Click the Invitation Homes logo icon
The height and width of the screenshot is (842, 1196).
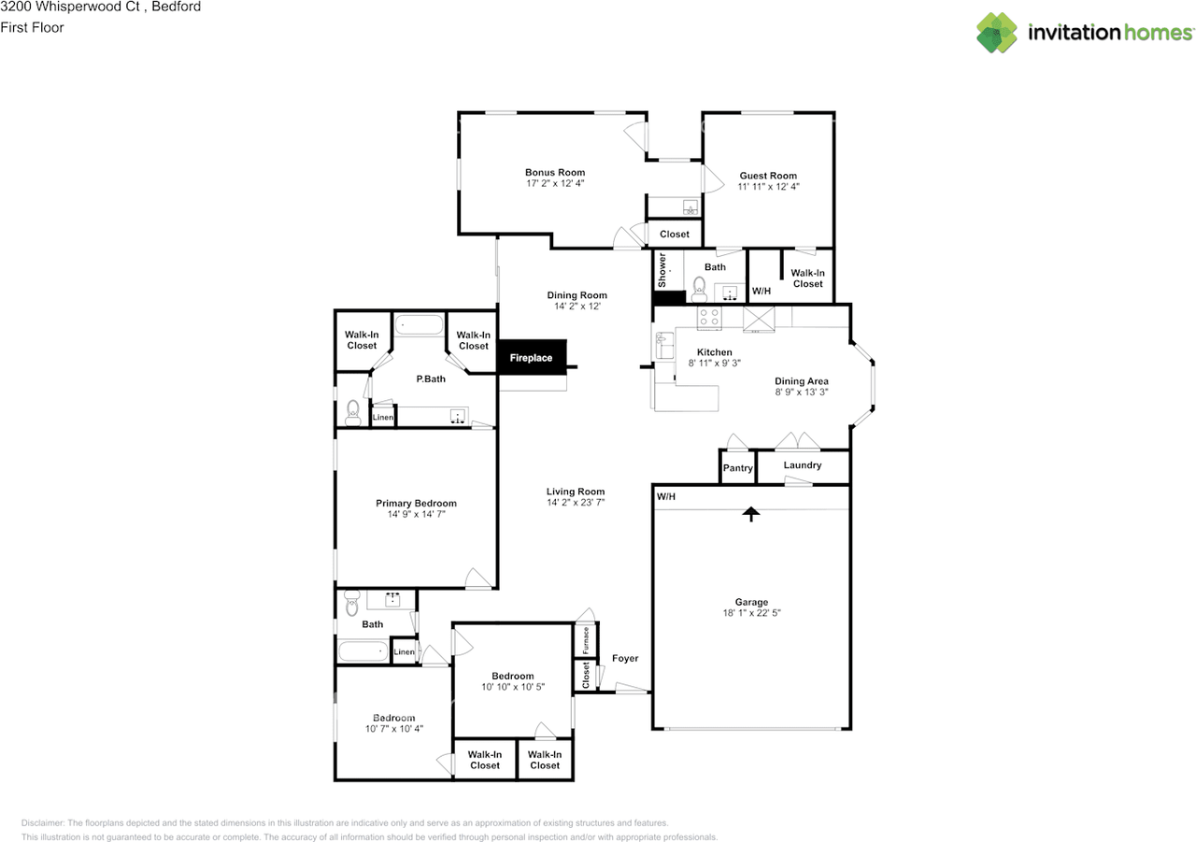(997, 33)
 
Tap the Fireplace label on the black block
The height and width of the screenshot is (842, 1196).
(531, 358)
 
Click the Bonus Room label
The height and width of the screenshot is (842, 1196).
(555, 172)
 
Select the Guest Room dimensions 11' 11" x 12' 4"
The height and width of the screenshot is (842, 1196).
(768, 187)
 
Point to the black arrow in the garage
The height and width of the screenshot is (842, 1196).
(750, 514)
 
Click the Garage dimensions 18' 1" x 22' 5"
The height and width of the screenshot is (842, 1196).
(751, 614)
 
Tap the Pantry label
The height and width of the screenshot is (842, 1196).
(737, 468)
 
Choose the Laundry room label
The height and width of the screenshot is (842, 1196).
(803, 465)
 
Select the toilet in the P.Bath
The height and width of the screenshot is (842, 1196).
(352, 411)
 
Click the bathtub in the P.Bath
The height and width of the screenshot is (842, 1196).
(420, 325)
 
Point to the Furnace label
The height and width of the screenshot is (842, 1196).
(585, 640)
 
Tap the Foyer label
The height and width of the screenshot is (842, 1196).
(625, 659)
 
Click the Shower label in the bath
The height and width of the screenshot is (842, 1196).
(662, 269)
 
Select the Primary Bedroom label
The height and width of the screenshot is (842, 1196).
(416, 504)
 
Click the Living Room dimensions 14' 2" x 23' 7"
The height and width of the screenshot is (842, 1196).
(576, 503)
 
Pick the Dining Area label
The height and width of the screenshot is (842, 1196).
(802, 381)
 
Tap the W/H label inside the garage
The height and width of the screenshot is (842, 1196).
(665, 496)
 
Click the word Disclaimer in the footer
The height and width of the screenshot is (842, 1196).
(42, 823)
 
